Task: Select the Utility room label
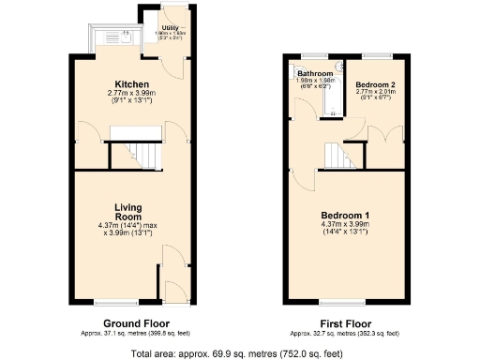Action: (x=171, y=29)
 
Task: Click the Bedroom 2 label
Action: (x=375, y=84)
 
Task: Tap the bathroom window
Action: (x=313, y=56)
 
